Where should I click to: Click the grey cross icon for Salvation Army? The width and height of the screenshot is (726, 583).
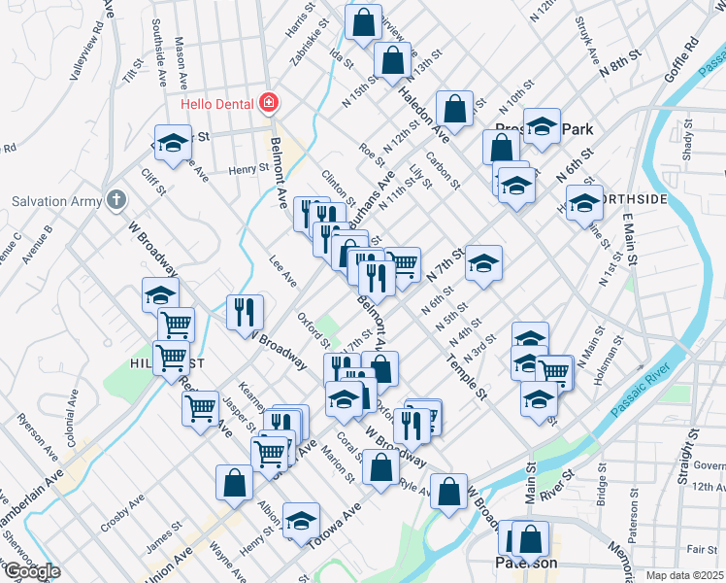(x=115, y=200)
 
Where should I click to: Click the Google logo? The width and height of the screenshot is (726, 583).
(x=32, y=572)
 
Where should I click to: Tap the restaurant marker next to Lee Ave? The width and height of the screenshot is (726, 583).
(x=245, y=313)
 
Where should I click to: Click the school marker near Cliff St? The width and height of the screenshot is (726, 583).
(x=172, y=143)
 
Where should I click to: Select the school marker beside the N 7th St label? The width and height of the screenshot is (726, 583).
(x=482, y=262)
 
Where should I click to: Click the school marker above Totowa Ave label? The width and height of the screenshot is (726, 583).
(x=301, y=519)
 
